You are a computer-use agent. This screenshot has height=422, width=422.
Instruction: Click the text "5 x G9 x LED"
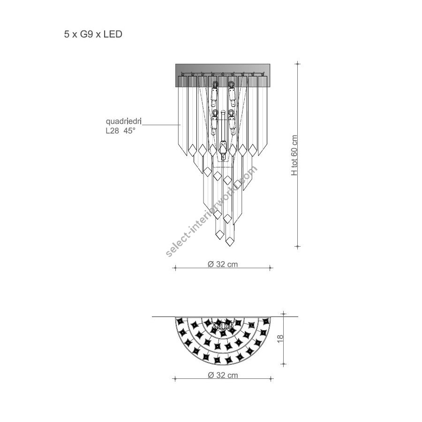(93, 34)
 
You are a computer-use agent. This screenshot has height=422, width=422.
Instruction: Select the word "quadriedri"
(123, 121)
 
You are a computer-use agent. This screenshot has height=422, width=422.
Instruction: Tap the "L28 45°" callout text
(121, 131)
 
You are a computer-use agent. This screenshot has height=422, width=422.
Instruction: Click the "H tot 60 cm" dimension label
(294, 155)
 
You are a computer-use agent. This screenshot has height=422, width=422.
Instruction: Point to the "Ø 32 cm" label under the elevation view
(223, 264)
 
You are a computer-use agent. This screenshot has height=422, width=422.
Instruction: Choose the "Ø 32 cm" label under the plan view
(223, 375)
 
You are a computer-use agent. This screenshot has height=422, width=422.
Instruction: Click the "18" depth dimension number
(280, 339)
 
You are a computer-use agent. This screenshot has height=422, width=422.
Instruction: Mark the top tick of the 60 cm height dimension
(297, 64)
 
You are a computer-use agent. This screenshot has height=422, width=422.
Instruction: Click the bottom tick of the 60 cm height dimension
(297, 246)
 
